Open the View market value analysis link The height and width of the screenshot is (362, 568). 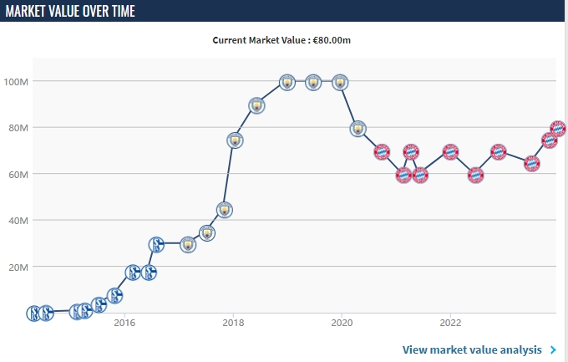474,349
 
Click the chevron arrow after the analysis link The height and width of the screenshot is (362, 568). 553,349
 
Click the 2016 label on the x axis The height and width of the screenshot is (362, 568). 124,322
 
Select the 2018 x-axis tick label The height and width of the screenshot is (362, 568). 233,322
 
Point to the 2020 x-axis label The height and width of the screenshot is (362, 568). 342,322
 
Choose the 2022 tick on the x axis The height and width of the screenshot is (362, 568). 450,322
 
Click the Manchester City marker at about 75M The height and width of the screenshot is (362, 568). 235,140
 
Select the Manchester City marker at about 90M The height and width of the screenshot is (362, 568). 256,105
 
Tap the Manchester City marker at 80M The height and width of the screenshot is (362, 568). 358,129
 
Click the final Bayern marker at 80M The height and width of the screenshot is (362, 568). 558,129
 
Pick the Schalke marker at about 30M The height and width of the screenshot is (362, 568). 156,244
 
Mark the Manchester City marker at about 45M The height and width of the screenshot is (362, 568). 224,209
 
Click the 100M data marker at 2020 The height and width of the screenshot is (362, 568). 340,82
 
